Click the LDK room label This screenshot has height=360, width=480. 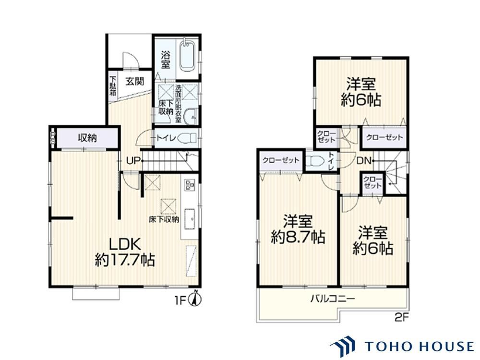coord(125,244)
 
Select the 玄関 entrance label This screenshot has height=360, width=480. coord(135,82)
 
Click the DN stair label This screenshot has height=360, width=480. coord(364,160)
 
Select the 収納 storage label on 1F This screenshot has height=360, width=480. coord(87,138)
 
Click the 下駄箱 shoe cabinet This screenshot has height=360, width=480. coord(113,86)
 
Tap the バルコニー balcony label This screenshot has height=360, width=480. coord(333,298)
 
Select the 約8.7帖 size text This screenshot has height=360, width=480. coord(298,237)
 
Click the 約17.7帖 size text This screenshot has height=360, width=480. coord(125,261)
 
